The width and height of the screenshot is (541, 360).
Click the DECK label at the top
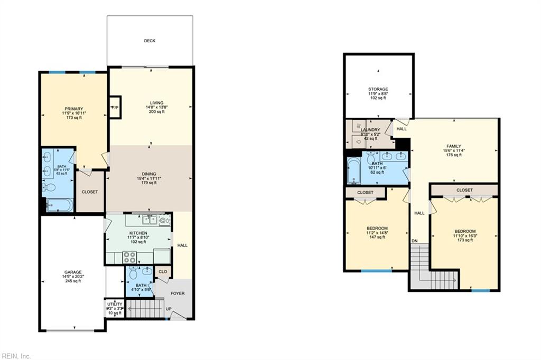(150, 41)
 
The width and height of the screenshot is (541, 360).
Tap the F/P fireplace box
(115, 108)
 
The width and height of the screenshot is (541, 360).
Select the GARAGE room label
(73, 272)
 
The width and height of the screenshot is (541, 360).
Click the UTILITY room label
(115, 304)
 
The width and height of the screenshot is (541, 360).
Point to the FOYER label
(178, 293)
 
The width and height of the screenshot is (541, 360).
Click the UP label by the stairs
(169, 309)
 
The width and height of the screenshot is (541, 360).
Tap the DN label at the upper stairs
(415, 241)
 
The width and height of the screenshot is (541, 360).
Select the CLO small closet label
(163, 272)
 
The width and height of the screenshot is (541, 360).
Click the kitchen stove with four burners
(129, 258)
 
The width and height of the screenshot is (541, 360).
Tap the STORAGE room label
(378, 89)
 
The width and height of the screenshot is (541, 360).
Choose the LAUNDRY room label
(370, 129)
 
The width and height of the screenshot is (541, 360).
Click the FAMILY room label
(453, 146)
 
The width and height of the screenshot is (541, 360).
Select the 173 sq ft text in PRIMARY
(73, 117)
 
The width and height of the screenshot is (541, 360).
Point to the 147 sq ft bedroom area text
(377, 237)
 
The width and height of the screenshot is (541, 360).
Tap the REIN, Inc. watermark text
(16, 356)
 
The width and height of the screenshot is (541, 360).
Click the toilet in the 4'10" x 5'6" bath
(133, 274)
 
